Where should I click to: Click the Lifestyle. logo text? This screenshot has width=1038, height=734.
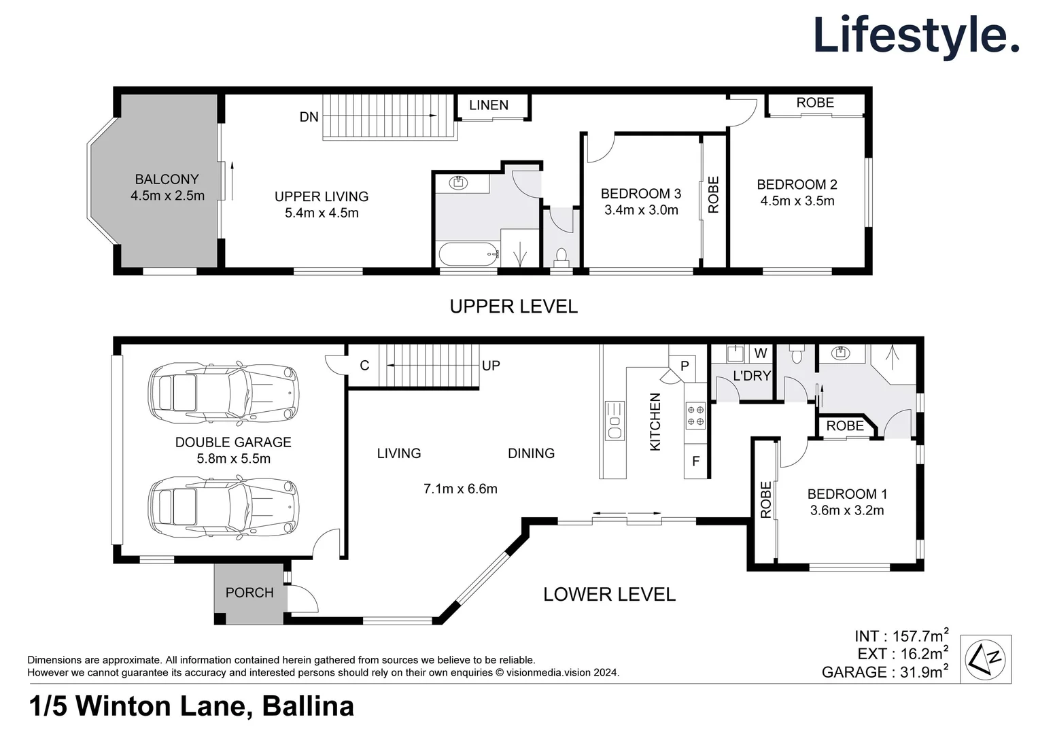click(916, 35)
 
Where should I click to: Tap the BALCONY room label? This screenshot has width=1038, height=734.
click(167, 179)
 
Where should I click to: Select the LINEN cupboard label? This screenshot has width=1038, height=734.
click(489, 105)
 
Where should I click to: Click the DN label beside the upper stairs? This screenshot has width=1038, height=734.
click(309, 117)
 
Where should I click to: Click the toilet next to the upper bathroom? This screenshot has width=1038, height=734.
click(561, 257)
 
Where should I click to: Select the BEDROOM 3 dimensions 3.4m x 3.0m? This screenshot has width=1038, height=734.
click(641, 210)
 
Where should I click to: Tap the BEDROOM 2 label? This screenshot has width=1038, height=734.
click(797, 184)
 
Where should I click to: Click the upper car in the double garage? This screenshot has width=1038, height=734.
click(224, 393)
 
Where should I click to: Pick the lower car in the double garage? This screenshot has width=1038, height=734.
click(224, 507)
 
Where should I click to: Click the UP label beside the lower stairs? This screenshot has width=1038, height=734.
click(491, 366)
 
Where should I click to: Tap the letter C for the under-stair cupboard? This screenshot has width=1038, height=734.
click(364, 366)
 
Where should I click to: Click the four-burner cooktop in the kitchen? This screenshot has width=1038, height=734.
click(696, 415)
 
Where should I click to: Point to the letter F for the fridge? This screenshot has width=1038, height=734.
click(696, 461)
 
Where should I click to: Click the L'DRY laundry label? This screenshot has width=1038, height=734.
click(752, 376)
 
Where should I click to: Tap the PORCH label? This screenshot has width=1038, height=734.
click(249, 593)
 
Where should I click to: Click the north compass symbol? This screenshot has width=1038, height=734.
click(986, 659)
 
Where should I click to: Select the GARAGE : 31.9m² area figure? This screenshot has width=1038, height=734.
click(884, 672)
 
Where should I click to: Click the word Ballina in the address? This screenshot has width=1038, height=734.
click(308, 707)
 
